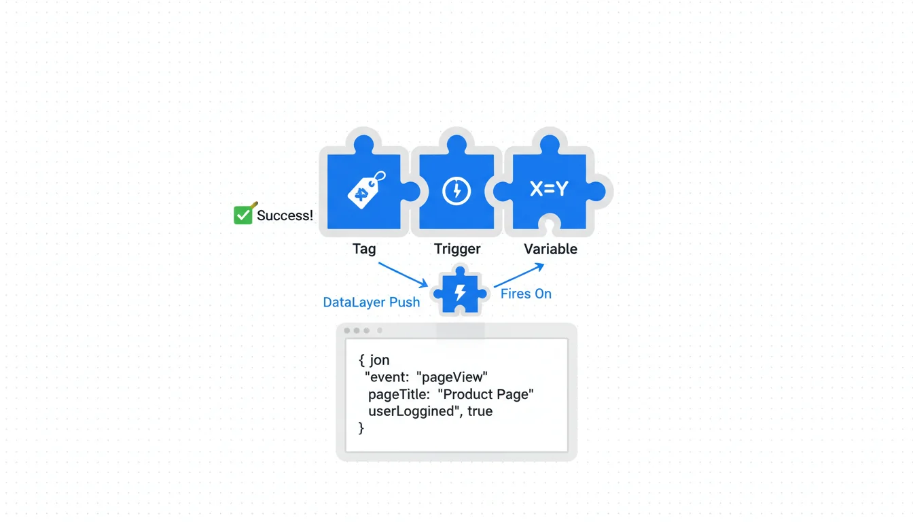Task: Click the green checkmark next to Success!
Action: [x=243, y=215]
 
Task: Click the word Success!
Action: [x=285, y=215]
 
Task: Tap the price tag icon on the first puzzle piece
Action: [x=365, y=190]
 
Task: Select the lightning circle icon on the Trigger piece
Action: [x=456, y=191]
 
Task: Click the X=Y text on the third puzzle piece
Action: [x=549, y=190]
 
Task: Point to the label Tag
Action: [x=364, y=249]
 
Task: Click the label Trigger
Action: [x=457, y=249]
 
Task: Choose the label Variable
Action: [x=550, y=249]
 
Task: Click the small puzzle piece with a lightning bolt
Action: [x=461, y=293]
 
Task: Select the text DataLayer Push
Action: [x=371, y=302]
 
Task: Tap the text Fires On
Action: [x=526, y=294]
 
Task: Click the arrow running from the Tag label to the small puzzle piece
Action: [x=402, y=274]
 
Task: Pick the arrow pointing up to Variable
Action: [x=519, y=275]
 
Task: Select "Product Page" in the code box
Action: [x=486, y=394]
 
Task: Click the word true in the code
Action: [x=480, y=411]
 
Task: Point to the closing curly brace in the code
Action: [x=361, y=428]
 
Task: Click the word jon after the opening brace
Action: [x=380, y=360]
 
